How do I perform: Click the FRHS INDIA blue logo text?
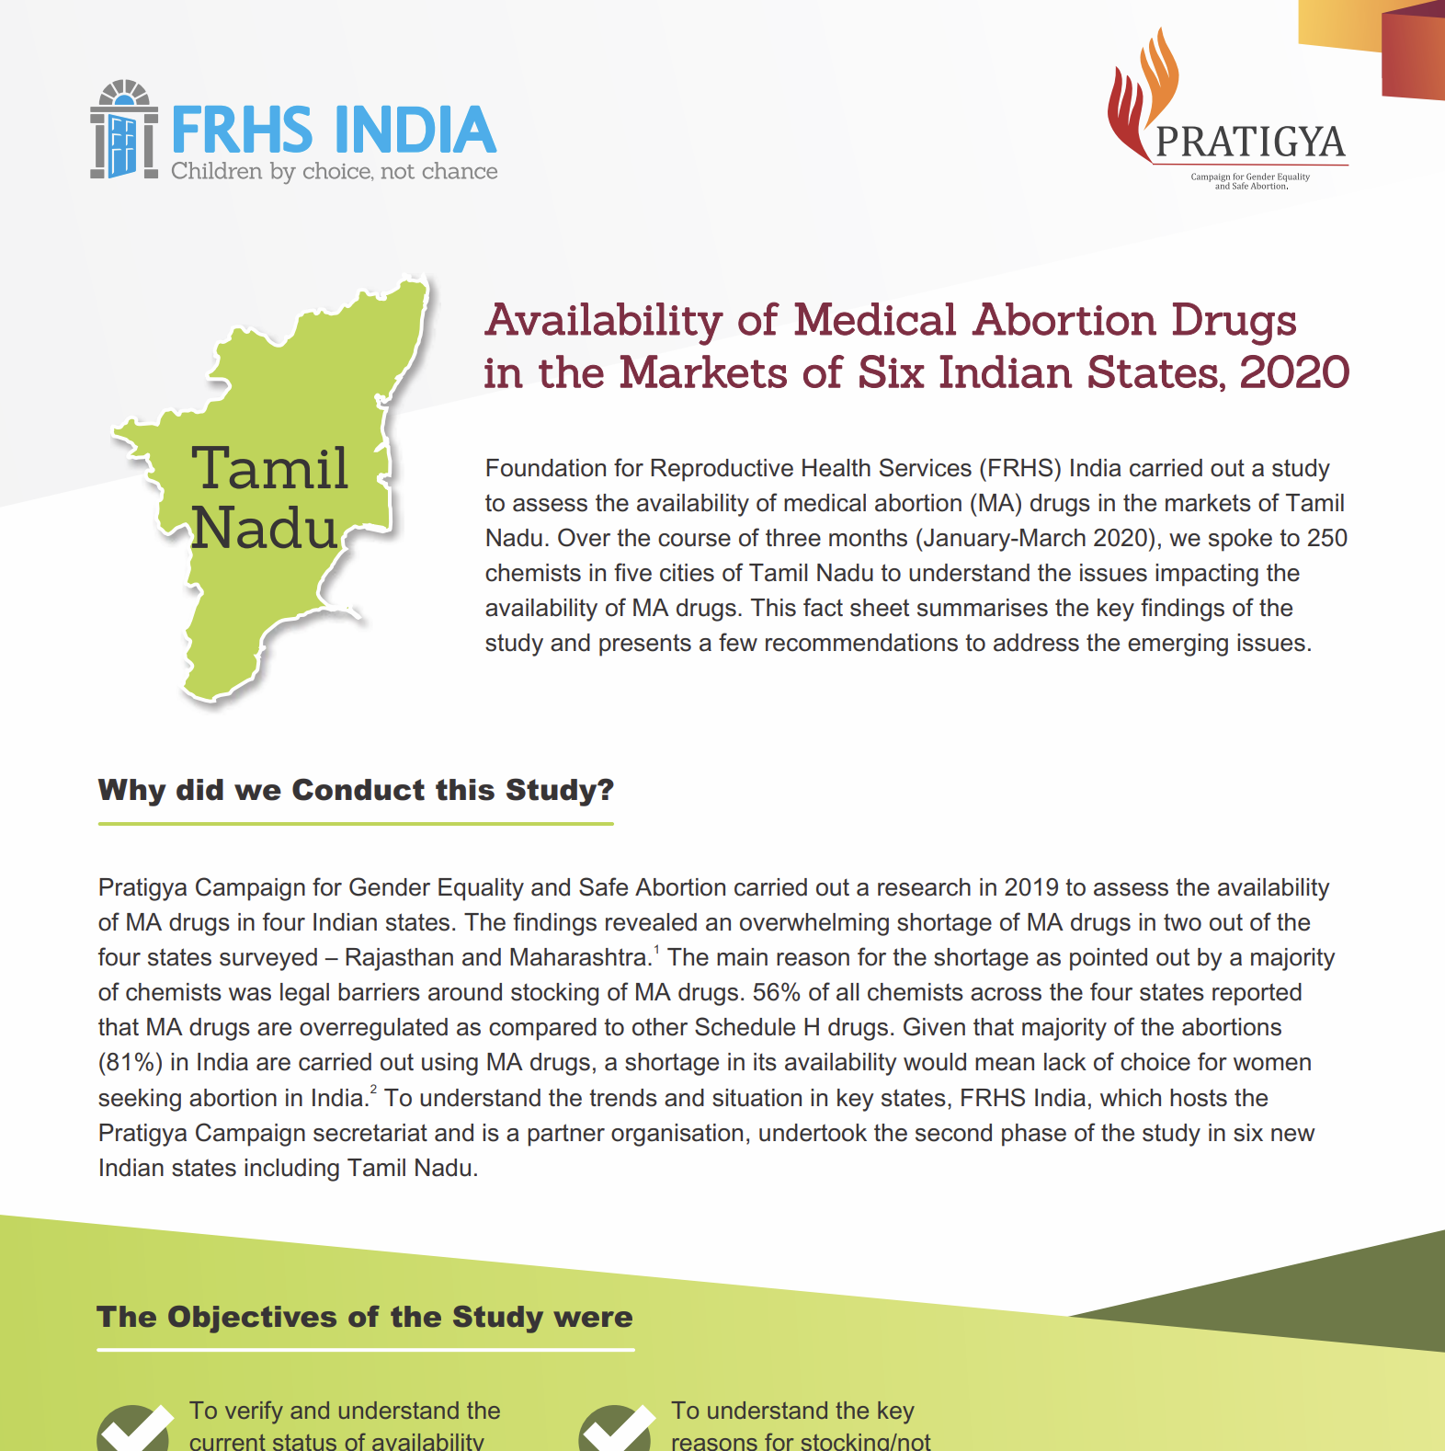click(333, 130)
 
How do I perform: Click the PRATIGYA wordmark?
click(1250, 142)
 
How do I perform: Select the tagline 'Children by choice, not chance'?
click(334, 172)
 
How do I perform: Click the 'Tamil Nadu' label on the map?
click(267, 497)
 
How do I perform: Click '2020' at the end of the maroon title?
click(1294, 373)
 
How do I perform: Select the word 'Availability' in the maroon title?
click(604, 321)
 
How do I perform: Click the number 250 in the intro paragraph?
click(1326, 538)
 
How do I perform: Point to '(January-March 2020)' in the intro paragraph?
click(1038, 538)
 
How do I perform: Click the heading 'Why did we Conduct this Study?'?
click(356, 790)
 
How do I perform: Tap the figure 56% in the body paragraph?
click(777, 993)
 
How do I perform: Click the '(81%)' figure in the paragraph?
click(131, 1063)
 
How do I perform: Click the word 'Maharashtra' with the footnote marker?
click(579, 958)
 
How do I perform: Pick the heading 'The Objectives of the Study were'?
click(365, 1317)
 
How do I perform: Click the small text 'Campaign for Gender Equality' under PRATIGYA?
click(1250, 177)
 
